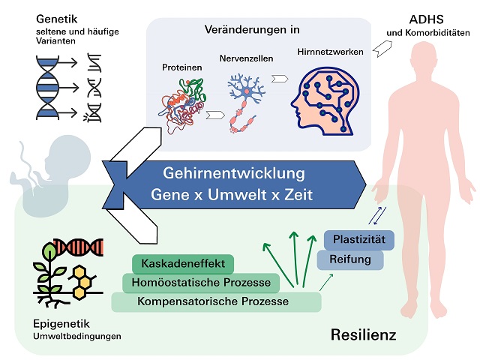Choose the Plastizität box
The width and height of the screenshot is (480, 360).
click(x=358, y=240)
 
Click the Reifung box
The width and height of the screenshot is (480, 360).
click(x=350, y=259)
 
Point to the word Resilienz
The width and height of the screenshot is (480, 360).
click(x=363, y=334)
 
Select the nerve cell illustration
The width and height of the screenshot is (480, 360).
click(x=245, y=101)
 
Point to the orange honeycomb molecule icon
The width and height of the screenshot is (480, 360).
click(x=84, y=284)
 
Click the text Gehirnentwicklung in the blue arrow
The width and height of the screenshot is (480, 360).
click(x=236, y=173)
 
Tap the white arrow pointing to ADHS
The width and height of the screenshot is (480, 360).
click(x=382, y=48)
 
